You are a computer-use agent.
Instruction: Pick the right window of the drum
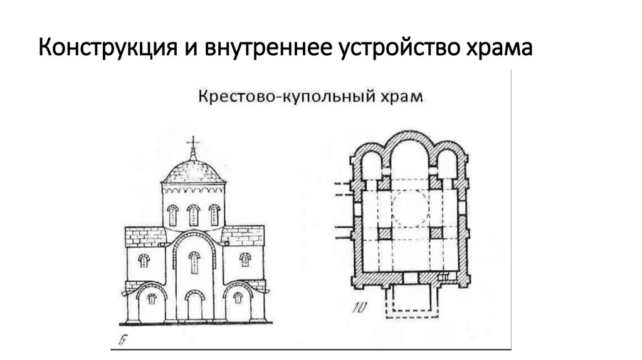pyautogui.click(x=214, y=215)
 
